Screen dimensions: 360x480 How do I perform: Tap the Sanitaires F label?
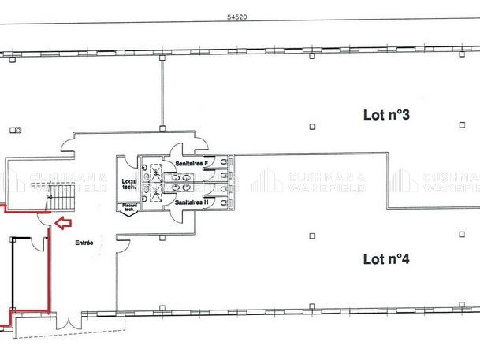(192, 163)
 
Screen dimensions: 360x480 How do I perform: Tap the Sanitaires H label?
(192, 202)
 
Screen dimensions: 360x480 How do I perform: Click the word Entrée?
(84, 243)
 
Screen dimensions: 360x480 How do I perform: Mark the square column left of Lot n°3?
(312, 126)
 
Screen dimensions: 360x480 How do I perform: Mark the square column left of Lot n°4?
(312, 235)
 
